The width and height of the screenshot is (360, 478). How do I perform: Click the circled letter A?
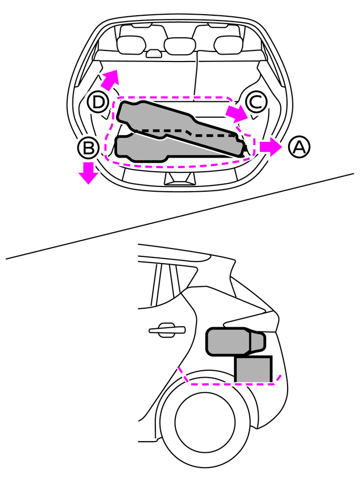299,147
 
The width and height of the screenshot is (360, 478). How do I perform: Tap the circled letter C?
256,101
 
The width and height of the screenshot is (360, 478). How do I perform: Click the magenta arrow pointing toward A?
271,147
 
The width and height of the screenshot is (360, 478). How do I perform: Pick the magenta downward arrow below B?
88,173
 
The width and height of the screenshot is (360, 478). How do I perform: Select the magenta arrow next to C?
237,113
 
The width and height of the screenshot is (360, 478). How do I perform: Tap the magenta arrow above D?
110,79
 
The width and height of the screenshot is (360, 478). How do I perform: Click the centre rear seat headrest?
179,46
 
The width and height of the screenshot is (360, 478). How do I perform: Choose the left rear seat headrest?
131,45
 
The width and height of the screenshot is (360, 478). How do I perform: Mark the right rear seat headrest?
228,45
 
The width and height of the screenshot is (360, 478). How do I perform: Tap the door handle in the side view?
167,330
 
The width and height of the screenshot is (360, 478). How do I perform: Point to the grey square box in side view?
253,369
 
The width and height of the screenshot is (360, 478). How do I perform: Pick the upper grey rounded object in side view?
236,341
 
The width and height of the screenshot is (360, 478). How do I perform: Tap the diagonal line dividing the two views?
179,216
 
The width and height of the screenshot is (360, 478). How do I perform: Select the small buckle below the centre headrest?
154,54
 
